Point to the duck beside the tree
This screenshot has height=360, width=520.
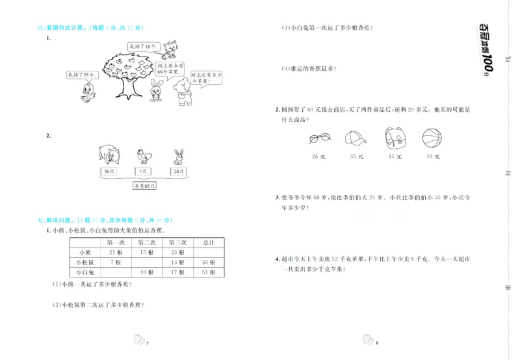(88, 90)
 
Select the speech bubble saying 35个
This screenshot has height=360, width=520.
(76, 75)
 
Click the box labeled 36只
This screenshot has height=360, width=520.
(108, 171)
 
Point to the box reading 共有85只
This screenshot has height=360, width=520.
(143, 186)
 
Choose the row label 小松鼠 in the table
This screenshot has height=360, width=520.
(86, 262)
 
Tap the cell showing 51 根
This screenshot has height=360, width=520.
(208, 272)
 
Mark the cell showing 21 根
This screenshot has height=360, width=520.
(116, 252)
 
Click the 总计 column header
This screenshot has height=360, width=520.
(208, 242)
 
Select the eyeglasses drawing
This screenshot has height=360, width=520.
(318, 138)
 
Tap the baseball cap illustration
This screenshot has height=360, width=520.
(355, 138)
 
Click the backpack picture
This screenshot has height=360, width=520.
(392, 138)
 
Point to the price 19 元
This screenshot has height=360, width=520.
(431, 157)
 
